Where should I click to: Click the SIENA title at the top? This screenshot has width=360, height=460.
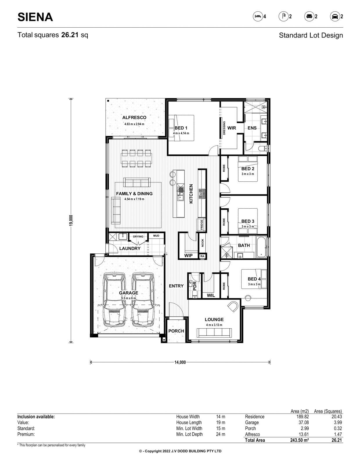pyautogui.click(x=35, y=17)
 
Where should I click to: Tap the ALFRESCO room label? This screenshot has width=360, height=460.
pyautogui.click(x=134, y=117)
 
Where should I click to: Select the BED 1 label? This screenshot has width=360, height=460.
pyautogui.click(x=181, y=128)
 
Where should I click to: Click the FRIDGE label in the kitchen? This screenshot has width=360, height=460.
pyautogui.click(x=202, y=225)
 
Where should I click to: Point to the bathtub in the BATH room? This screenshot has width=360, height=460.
pyautogui.click(x=261, y=247)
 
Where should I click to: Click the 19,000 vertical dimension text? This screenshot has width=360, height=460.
pyautogui.click(x=71, y=220)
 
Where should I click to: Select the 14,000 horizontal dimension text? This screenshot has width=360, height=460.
pyautogui.click(x=180, y=362)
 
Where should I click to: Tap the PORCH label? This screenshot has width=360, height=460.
pyautogui.click(x=176, y=331)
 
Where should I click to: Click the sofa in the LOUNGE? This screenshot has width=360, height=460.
pyautogui.click(x=214, y=332)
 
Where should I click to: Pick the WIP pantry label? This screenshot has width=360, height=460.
pyautogui.click(x=188, y=255)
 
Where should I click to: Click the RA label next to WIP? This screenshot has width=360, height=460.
pyautogui.click(x=202, y=256)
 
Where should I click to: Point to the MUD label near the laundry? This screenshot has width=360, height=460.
pyautogui.click(x=156, y=236)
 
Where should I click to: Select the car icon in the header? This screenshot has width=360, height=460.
pyautogui.click(x=335, y=17)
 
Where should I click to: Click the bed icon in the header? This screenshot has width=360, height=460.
pyautogui.click(x=258, y=16)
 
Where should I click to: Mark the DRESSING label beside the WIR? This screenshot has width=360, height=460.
pyautogui.click(x=224, y=128)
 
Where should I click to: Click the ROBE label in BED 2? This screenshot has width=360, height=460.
pyautogui.click(x=224, y=168)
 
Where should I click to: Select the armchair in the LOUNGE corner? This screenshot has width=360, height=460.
pyautogui.click(x=233, y=306)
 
